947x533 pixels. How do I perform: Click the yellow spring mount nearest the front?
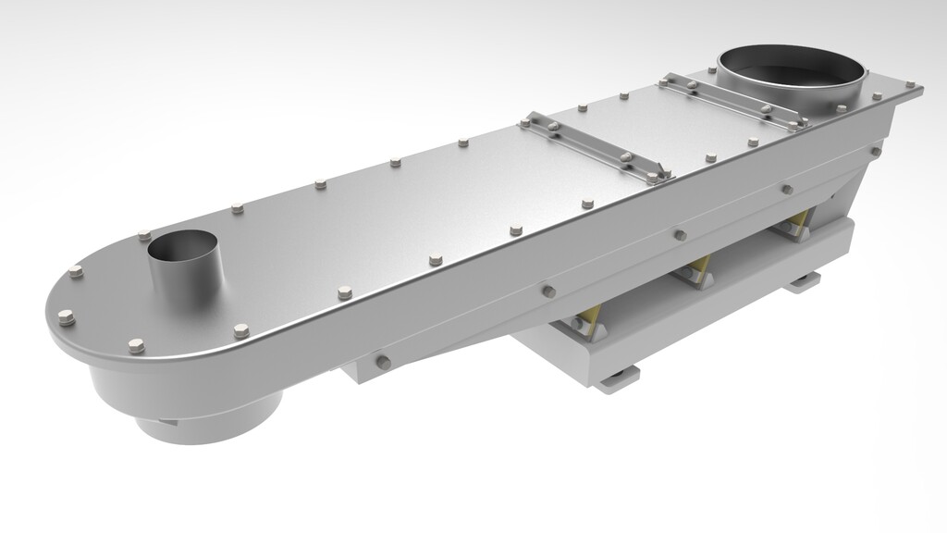(589, 320)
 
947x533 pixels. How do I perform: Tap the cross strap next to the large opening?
(731, 99)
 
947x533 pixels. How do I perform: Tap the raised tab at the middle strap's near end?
(661, 173)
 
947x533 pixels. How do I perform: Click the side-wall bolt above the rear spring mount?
(787, 189)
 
